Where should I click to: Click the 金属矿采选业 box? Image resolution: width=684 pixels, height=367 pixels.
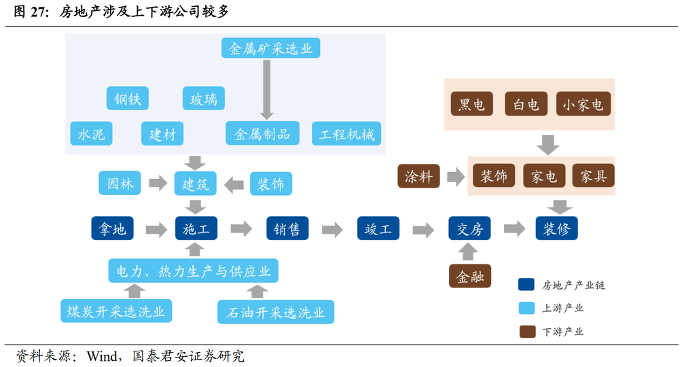click(270, 48)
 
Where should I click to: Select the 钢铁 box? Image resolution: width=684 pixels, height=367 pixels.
click(128, 98)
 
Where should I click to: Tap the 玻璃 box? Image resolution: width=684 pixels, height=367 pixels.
click(203, 98)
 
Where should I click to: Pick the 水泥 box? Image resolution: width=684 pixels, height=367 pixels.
click(91, 133)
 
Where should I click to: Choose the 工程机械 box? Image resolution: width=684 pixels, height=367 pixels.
click(346, 133)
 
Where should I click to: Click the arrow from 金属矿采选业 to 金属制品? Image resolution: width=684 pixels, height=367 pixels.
click(266, 90)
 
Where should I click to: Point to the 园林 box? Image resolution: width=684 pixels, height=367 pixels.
click(120, 183)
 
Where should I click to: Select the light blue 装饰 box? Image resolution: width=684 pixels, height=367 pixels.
click(271, 183)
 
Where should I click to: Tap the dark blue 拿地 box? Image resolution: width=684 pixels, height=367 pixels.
click(112, 228)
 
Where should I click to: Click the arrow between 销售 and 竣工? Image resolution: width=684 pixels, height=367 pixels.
click(332, 229)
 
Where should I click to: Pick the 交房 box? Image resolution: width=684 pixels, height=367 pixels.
click(469, 228)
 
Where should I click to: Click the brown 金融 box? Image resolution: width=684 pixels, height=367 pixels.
click(470, 276)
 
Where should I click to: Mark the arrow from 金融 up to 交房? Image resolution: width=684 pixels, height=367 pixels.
click(467, 251)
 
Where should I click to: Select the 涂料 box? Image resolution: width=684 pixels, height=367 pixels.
click(418, 176)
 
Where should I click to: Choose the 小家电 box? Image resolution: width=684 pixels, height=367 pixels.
click(583, 104)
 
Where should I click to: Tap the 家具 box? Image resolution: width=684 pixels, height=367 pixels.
click(593, 176)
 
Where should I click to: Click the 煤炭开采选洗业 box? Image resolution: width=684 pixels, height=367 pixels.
click(116, 311)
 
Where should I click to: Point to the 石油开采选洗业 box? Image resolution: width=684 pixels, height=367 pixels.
click(276, 311)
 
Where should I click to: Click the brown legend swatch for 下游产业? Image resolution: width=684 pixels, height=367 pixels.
click(527, 332)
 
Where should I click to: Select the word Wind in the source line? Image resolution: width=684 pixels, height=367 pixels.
click(102, 356)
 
